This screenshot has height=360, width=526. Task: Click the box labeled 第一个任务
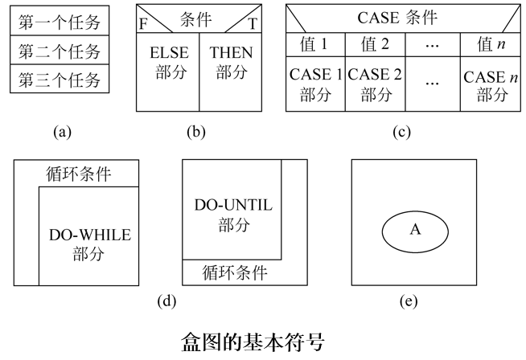(60, 23)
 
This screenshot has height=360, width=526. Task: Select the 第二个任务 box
(60, 51)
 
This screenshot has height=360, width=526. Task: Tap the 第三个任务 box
(60, 80)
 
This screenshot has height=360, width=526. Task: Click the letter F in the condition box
(143, 23)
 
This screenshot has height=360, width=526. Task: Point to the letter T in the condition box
(252, 23)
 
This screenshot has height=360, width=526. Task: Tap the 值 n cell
(489, 44)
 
